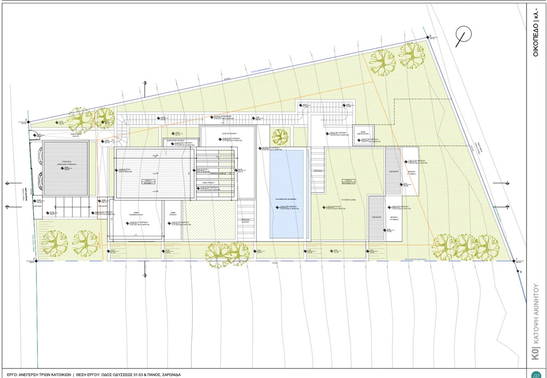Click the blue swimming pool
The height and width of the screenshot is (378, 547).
(x=287, y=192)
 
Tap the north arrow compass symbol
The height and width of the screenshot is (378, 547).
(x=463, y=35)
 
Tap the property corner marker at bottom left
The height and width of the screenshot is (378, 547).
(x=34, y=260)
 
